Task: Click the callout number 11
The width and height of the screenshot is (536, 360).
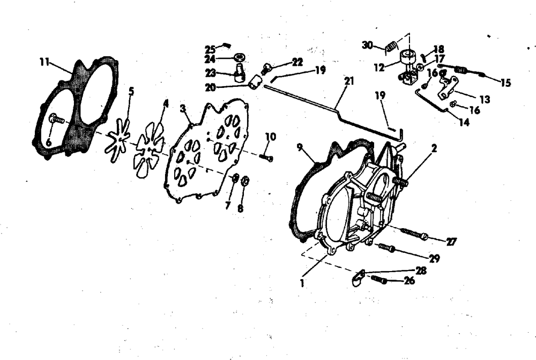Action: pyautogui.click(x=44, y=62)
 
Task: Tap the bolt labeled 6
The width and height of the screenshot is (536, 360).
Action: pyautogui.click(x=57, y=119)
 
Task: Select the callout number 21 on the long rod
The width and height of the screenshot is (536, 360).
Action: pyautogui.click(x=349, y=81)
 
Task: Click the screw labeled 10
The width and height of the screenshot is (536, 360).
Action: pyautogui.click(x=266, y=157)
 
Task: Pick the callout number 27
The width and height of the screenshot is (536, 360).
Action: pyautogui.click(x=451, y=242)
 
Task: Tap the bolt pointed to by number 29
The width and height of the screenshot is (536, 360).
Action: pyautogui.click(x=386, y=247)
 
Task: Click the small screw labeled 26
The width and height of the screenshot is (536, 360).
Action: pyautogui.click(x=379, y=279)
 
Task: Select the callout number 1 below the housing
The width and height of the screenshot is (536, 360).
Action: pyautogui.click(x=302, y=283)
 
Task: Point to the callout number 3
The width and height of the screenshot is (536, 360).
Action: pyautogui.click(x=183, y=109)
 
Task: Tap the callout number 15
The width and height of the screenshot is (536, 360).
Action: pyautogui.click(x=505, y=82)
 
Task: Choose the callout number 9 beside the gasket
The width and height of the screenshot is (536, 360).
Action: pyautogui.click(x=300, y=147)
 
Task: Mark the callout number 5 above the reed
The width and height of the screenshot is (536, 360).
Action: pyautogui.click(x=131, y=91)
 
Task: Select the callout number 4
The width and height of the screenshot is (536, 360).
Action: pyautogui.click(x=166, y=103)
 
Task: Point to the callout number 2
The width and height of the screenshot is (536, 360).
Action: pyautogui.click(x=434, y=148)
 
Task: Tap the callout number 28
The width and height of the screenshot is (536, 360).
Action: pyautogui.click(x=421, y=270)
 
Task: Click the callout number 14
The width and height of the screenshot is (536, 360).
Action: pyautogui.click(x=464, y=122)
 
